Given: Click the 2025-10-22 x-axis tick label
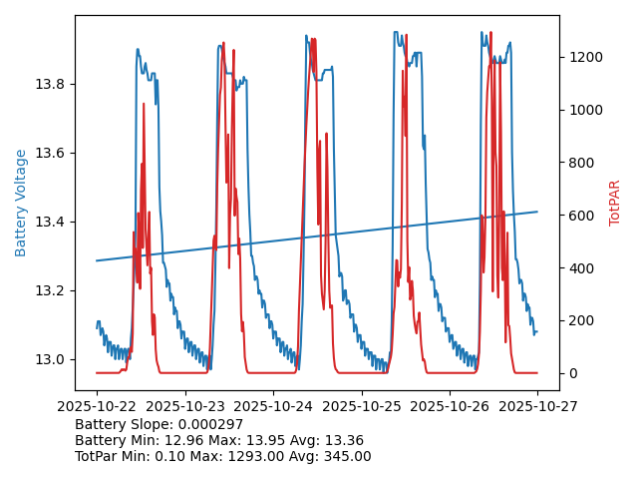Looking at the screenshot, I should (97, 407).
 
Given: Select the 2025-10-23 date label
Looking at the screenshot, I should (184, 407).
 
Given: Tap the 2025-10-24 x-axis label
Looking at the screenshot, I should (273, 407).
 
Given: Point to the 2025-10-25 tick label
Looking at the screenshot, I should (361, 407).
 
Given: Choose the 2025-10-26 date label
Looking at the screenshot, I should (450, 407).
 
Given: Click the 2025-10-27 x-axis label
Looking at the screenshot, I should (537, 407).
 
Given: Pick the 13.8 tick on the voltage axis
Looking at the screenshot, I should (50, 84).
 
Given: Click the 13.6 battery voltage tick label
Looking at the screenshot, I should (50, 153).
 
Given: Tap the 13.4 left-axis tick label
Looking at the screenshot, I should (50, 222).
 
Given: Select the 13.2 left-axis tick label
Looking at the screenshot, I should (50, 290).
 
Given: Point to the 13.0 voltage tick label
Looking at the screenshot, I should (50, 359).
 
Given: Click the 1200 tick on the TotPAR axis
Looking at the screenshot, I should (584, 57).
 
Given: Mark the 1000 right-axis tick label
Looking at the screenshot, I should (584, 110).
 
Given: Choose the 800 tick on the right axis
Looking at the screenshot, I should (580, 163).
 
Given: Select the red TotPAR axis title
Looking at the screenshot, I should (614, 203).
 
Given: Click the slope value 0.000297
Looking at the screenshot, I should (212, 424).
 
